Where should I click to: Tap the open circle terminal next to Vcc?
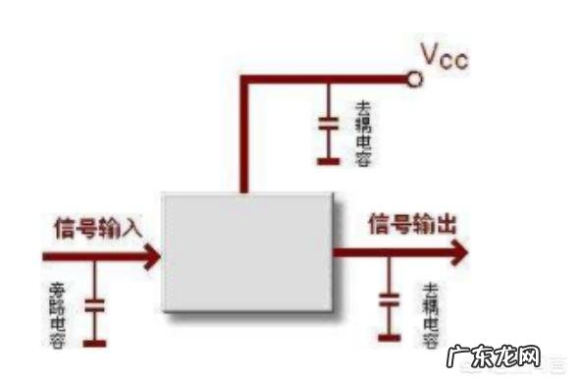pos(415,79)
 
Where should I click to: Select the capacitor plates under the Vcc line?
pos(327,125)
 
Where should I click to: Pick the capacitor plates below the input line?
pos(94,305)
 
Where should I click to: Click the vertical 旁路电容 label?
pos(56,313)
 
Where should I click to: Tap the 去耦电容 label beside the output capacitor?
pos(429,314)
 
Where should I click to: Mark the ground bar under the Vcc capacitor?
pos(327,158)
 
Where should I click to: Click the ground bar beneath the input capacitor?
pos(94,343)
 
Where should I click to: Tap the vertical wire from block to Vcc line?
pos(242,137)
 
